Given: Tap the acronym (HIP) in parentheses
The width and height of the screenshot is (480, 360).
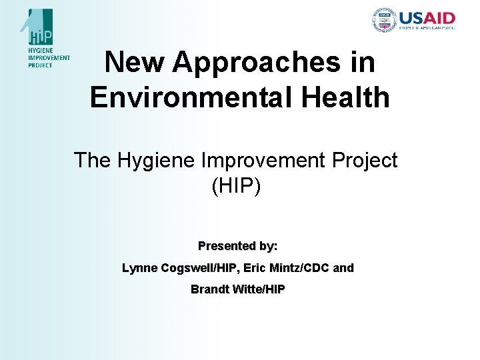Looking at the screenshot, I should [236, 186].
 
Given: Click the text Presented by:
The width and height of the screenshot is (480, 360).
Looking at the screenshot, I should [238, 246].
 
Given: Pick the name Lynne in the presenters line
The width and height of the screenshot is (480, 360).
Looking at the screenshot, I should [139, 268].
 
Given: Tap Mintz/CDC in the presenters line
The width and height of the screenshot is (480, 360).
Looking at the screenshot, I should [298, 268].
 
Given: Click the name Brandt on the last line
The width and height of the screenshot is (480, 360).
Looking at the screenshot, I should [209, 289].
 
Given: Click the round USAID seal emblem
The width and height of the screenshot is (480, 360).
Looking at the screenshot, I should [384, 21].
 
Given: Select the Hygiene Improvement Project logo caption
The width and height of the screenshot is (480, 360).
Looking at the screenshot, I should [49, 58].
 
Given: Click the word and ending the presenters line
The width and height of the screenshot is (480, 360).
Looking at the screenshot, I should [343, 268].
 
